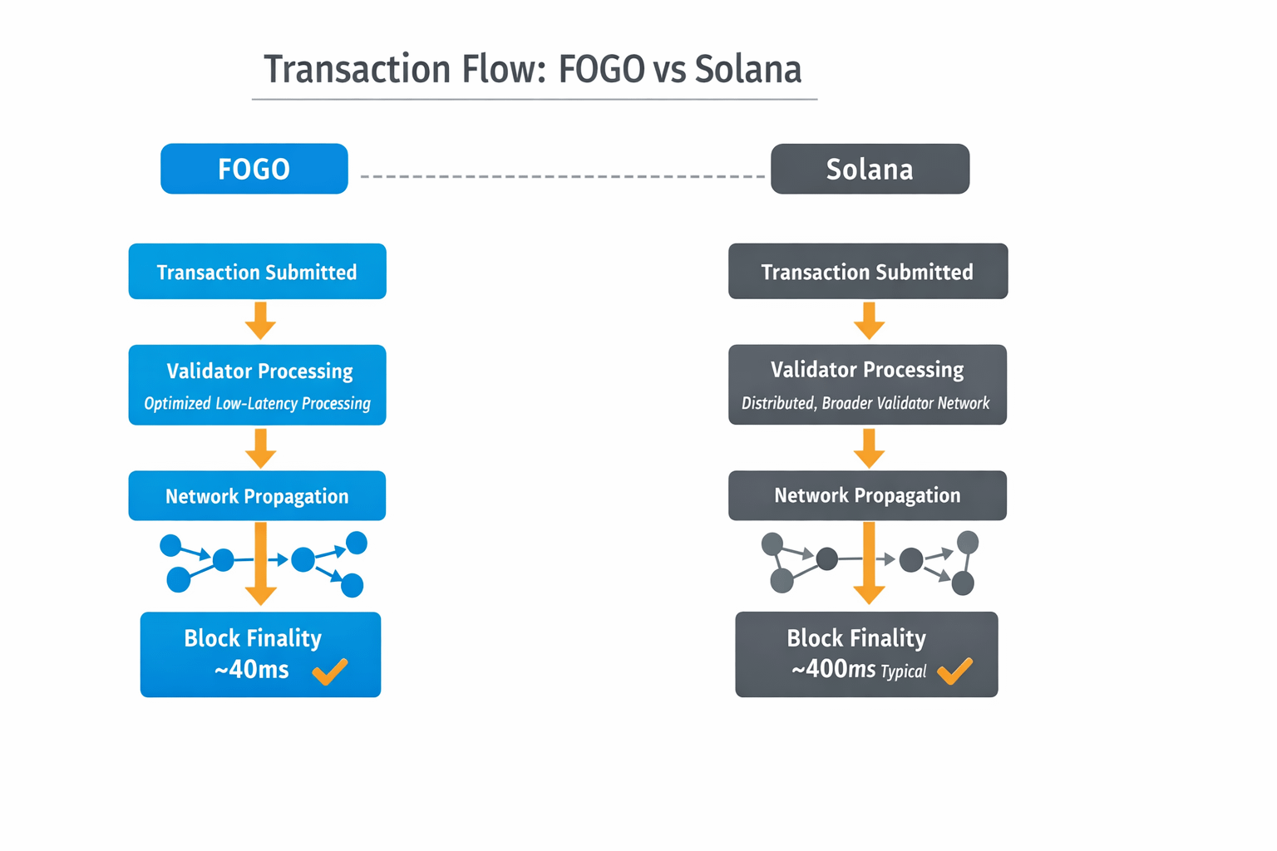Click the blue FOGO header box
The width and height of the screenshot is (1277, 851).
click(254, 169)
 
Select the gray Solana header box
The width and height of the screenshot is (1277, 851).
click(870, 169)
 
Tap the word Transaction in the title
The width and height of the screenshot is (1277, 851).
click(357, 70)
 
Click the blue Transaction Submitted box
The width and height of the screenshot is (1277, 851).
click(257, 272)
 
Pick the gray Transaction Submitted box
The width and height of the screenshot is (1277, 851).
click(867, 272)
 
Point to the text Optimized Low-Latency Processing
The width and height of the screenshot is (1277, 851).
click(257, 404)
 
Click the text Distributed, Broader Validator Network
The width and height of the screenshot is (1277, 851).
click(865, 403)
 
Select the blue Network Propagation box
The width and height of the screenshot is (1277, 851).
click(257, 496)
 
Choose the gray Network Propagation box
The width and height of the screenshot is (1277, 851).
click(867, 495)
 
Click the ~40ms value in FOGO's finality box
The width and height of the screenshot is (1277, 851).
click(251, 670)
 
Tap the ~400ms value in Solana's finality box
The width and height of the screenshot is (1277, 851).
click(833, 669)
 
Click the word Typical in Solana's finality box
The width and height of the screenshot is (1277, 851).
click(903, 671)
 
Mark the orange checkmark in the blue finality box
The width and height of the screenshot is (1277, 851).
click(330, 671)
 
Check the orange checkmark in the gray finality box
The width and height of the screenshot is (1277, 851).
click(954, 671)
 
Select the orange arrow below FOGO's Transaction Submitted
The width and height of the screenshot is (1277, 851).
click(260, 321)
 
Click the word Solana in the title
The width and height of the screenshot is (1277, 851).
click(747, 70)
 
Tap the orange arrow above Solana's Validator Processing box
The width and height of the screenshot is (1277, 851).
click(869, 321)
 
